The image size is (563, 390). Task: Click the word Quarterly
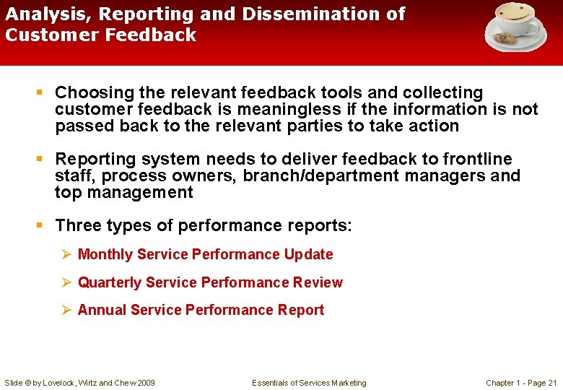(110, 282)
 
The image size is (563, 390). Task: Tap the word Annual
(101, 310)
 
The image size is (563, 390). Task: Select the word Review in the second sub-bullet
(319, 282)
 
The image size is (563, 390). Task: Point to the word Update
(309, 254)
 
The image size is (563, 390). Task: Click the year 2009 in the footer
(146, 383)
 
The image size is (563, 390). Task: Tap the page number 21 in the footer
(553, 383)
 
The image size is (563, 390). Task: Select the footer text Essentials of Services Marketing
(309, 383)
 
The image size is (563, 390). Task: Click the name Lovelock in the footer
(58, 383)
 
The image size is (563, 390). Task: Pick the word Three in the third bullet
(79, 225)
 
